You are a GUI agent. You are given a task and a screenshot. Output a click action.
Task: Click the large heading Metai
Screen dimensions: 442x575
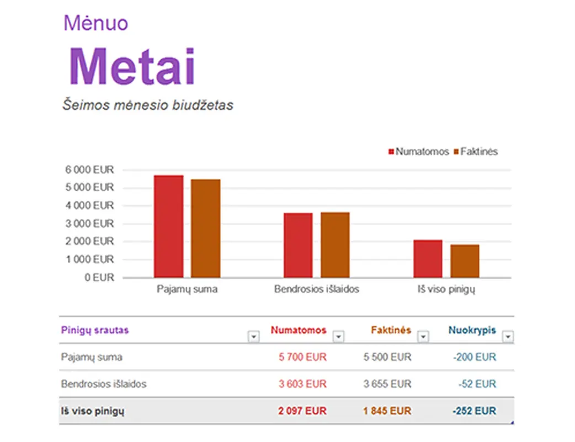pyautogui.click(x=132, y=66)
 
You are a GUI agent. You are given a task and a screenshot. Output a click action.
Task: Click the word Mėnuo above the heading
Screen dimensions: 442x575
pyautogui.click(x=95, y=23)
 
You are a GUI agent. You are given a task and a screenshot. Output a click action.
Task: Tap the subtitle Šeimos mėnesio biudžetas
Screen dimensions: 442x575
pyautogui.click(x=147, y=104)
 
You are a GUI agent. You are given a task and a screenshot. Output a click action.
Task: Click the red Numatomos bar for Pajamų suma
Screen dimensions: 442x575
pyautogui.click(x=168, y=227)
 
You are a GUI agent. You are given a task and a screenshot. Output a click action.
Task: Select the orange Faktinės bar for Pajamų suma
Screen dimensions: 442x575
pyautogui.click(x=206, y=228)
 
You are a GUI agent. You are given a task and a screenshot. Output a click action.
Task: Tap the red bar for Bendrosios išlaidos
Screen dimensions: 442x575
pyautogui.click(x=298, y=245)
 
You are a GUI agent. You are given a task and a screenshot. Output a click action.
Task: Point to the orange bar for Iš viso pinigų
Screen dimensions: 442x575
pyautogui.click(x=465, y=261)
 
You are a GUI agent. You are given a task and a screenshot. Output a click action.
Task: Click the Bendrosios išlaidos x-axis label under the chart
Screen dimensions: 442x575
pyautogui.click(x=317, y=289)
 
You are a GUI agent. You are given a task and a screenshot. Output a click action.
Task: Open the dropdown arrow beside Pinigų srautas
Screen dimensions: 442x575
pyautogui.click(x=254, y=336)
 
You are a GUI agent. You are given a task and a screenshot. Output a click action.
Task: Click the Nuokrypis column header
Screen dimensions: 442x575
pyautogui.click(x=472, y=330)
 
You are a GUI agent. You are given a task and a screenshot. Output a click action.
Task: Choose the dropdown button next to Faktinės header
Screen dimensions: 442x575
pyautogui.click(x=423, y=336)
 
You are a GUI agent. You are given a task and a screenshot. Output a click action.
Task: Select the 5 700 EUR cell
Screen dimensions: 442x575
pyautogui.click(x=302, y=357)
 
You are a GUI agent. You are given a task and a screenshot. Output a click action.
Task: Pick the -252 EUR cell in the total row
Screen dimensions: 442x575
pyautogui.click(x=474, y=411)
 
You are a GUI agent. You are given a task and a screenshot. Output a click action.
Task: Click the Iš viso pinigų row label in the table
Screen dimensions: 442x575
pyautogui.click(x=93, y=411)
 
